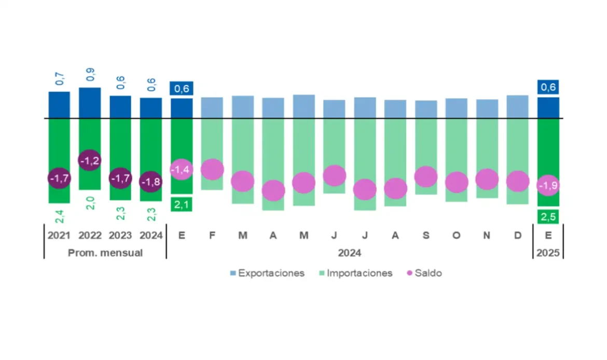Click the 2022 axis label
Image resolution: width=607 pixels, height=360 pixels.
click(90, 236)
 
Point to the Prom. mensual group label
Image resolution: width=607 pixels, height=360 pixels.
click(105, 253)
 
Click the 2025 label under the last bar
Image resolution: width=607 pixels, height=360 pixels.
click(548, 253)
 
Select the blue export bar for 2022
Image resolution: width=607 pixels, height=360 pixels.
click(90, 103)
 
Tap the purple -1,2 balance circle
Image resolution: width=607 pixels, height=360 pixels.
click(90, 161)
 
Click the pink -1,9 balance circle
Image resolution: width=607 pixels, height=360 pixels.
click(548, 186)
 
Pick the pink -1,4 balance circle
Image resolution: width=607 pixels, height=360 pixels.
click(182, 170)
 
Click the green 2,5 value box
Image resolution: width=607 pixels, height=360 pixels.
click(548, 217)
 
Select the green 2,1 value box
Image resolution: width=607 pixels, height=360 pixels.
click(182, 205)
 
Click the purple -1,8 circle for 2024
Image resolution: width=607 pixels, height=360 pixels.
click(151, 181)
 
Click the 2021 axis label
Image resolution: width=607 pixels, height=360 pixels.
click(59, 236)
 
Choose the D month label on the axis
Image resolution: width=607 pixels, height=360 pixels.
click(518, 236)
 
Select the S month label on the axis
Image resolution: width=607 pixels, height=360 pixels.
click(426, 236)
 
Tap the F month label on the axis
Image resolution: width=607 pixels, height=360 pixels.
click(212, 236)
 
